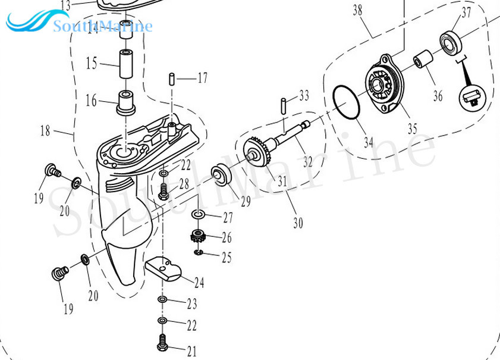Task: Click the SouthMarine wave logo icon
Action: click(28, 24)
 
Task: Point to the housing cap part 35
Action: click(384, 86)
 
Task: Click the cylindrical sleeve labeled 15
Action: click(127, 64)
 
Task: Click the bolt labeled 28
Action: click(165, 192)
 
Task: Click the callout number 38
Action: click(357, 10)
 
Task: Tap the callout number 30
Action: click(298, 223)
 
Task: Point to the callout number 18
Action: click(45, 131)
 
